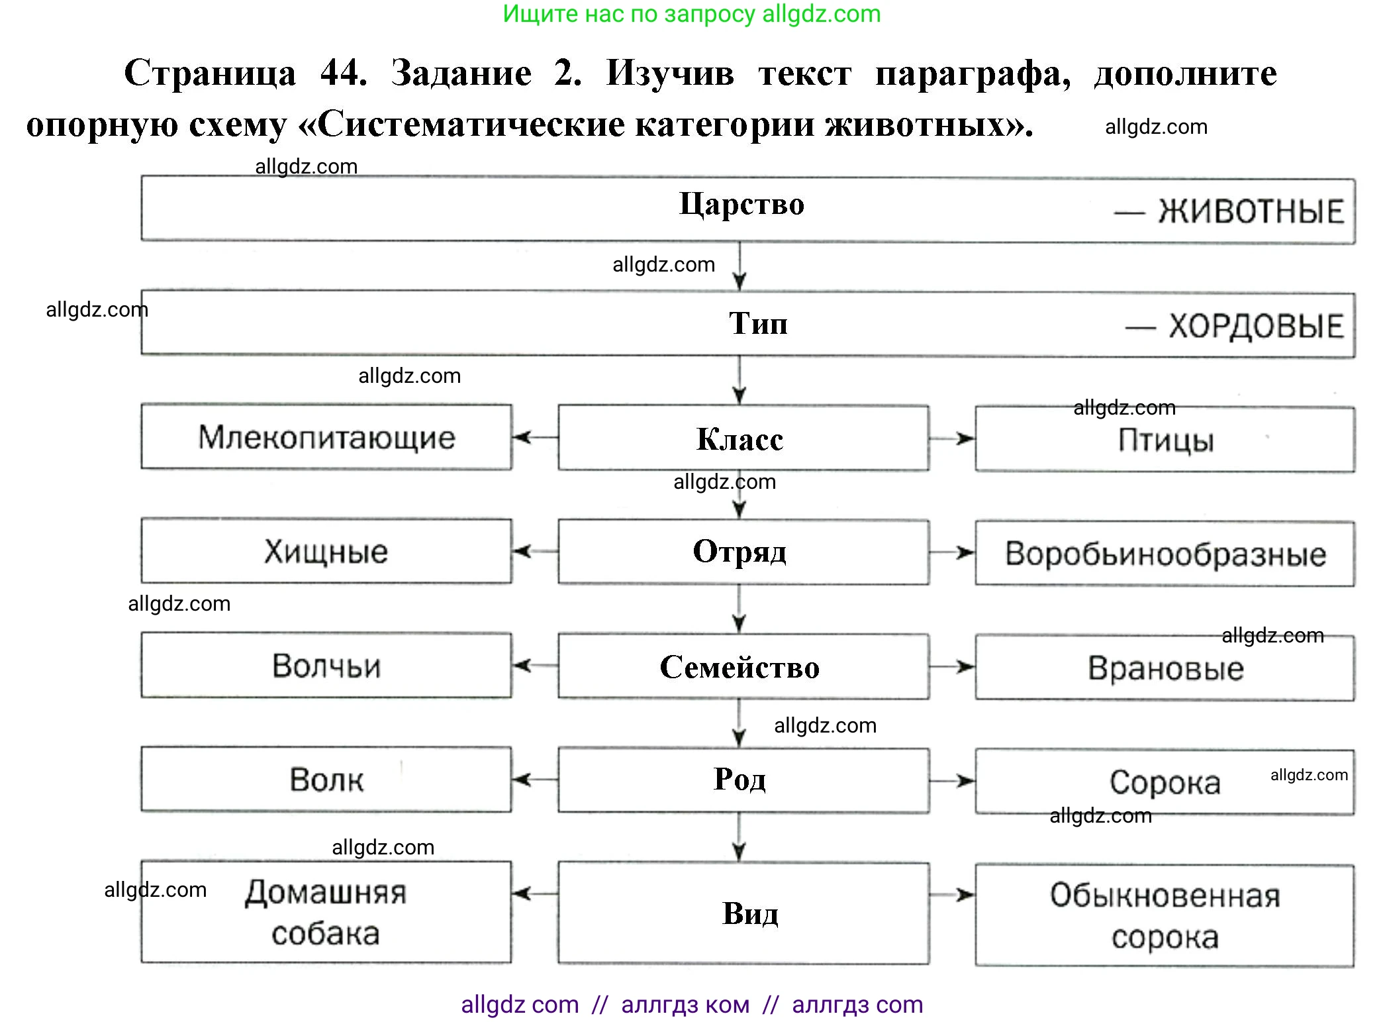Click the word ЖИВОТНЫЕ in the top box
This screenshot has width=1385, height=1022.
click(x=1251, y=212)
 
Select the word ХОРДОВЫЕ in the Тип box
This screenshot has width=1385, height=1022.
click(x=1256, y=327)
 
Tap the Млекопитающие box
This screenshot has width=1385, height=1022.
click(x=326, y=438)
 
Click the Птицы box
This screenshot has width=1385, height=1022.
click(x=1165, y=440)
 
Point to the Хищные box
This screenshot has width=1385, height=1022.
click(x=326, y=552)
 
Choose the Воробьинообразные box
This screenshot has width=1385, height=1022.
click(x=1165, y=554)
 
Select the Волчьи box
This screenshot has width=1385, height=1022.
click(x=326, y=666)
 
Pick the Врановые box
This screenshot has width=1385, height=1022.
click(x=1165, y=668)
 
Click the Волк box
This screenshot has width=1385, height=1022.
click(x=326, y=780)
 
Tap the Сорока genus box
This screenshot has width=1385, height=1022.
click(x=1165, y=782)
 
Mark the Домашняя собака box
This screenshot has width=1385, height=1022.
click(x=326, y=912)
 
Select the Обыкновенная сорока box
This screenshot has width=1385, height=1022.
click(x=1165, y=915)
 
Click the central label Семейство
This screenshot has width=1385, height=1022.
click(x=740, y=667)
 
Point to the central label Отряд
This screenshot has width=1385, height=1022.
click(x=740, y=552)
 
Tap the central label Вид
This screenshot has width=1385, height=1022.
click(x=750, y=913)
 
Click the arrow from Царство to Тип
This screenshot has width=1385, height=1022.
click(x=740, y=267)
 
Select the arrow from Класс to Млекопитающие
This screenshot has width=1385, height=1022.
click(x=534, y=437)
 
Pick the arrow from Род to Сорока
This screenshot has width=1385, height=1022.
click(x=952, y=781)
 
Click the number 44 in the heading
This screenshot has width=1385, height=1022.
click(x=344, y=72)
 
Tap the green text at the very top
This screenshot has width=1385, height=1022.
click(x=692, y=14)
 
